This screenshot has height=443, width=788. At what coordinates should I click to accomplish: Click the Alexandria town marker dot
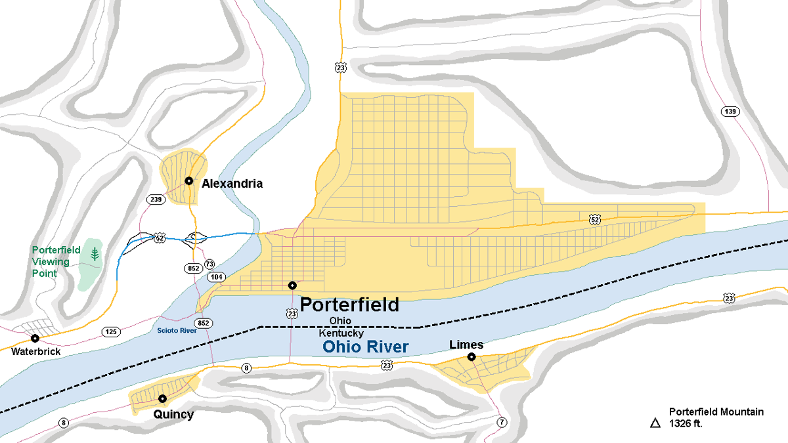(188, 180)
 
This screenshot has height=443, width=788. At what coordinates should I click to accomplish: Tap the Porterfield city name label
(349, 305)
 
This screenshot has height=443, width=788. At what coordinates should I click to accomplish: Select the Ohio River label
(366, 347)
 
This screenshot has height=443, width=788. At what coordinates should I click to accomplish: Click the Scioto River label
(177, 331)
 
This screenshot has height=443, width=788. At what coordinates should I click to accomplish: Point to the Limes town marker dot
(471, 357)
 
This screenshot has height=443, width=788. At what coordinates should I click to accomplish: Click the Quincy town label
(173, 414)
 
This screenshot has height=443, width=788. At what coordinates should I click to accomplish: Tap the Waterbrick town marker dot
(35, 339)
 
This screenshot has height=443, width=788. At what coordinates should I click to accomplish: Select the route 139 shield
(730, 111)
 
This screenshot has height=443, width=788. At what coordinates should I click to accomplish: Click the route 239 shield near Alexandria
(156, 199)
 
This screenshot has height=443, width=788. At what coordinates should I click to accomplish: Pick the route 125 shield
(111, 332)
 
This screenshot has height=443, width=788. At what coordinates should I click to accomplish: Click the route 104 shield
(217, 278)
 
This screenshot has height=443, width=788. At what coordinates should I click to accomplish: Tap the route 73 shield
(209, 264)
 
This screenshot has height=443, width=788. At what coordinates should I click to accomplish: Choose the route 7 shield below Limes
(502, 422)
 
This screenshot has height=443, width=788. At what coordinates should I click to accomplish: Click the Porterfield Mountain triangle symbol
(655, 423)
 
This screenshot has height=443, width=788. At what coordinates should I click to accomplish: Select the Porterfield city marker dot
(292, 285)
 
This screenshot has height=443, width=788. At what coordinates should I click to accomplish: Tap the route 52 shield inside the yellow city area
(594, 218)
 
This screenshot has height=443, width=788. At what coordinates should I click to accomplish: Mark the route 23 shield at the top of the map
(340, 68)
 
